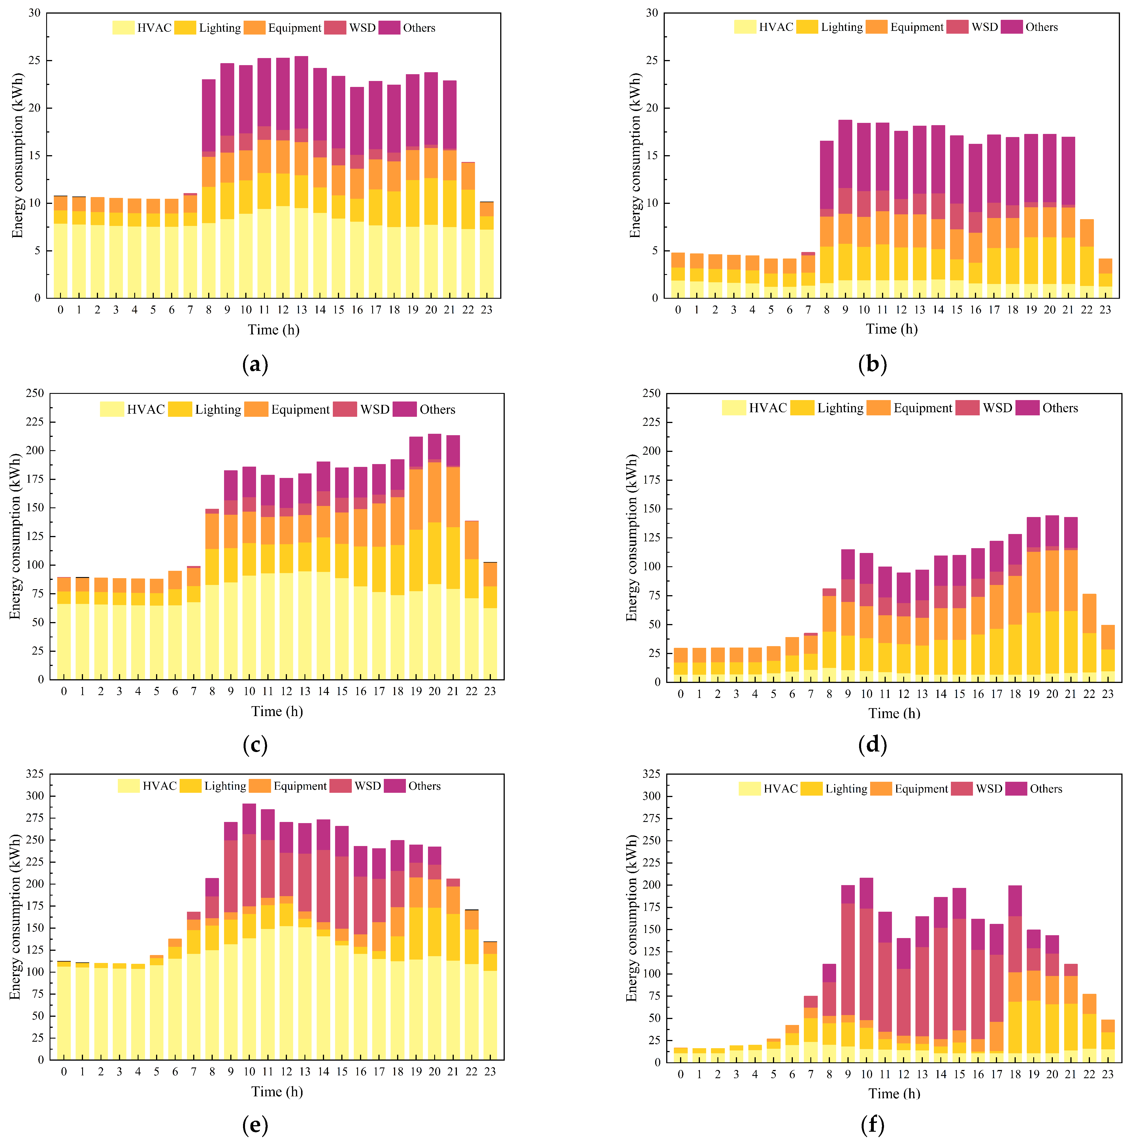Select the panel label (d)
873,744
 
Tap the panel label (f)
873,1124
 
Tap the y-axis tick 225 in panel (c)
35,422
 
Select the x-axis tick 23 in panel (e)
490,1072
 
